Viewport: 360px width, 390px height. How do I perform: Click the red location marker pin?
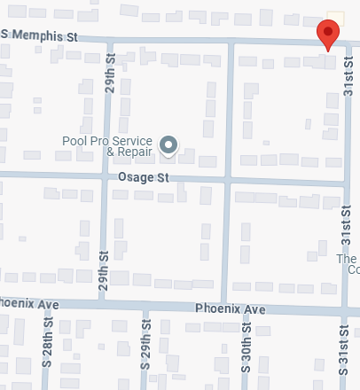coord(328,35)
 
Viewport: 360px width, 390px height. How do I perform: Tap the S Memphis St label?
coord(41,36)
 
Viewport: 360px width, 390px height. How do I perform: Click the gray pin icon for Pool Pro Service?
coord(168,144)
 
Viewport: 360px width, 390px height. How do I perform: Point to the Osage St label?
coord(143,178)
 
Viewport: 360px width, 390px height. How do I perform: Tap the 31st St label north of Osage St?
coord(349,80)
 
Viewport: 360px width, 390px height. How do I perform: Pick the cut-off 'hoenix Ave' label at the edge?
coord(28,304)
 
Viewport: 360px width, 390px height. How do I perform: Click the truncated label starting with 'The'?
coord(348,264)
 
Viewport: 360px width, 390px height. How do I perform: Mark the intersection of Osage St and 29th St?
coord(106,175)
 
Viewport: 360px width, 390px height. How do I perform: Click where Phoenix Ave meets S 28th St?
coord(46,304)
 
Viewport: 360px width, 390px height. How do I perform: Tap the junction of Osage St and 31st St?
coord(345,184)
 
